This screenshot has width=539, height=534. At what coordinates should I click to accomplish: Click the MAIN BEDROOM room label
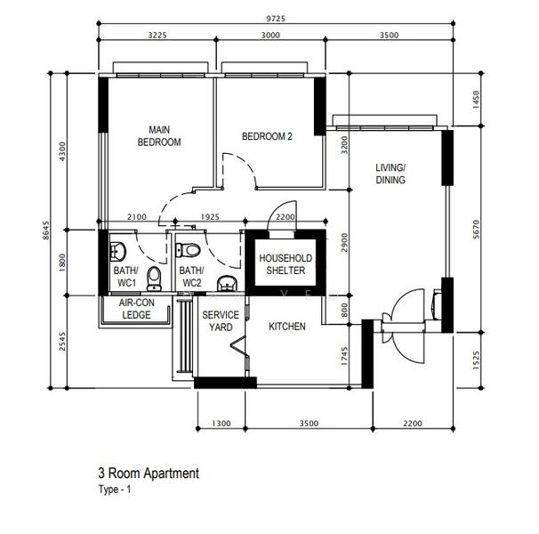pos(159,136)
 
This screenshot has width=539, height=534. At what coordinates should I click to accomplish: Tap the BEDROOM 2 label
pos(267,136)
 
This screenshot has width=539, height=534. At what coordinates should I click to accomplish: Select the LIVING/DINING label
pos(390,174)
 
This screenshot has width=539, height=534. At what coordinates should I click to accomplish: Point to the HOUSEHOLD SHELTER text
pos(286,264)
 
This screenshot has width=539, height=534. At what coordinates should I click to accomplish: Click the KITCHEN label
pos(287,326)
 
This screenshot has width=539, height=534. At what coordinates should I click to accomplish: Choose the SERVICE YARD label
pos(221,320)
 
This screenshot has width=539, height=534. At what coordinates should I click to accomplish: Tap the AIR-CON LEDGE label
pos(136,309)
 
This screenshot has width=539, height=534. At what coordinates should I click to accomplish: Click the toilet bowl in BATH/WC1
pos(154,279)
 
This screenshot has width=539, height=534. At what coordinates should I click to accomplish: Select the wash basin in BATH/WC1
pos(118,251)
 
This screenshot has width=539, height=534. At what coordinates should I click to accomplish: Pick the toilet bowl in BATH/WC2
pos(188,250)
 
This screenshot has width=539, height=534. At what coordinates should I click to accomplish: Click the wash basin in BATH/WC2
pos(227,283)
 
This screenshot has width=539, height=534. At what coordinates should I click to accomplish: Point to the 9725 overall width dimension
pos(276,19)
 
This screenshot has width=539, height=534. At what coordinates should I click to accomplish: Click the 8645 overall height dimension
pos(45,231)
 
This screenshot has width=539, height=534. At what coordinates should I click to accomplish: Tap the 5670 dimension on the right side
pos(476,230)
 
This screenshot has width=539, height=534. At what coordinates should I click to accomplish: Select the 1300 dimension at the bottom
pos(221,424)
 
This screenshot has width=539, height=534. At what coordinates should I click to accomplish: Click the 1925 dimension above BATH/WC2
pos(210,217)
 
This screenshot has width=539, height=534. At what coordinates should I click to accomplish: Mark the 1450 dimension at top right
pos(476,100)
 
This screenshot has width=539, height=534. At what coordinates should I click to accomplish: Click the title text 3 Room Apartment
pos(149,473)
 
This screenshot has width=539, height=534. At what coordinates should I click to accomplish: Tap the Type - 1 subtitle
pos(115,489)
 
